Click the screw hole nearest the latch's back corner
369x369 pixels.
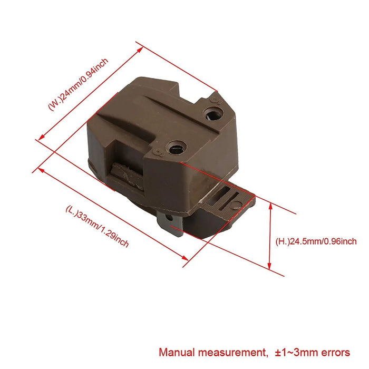(x=213, y=113)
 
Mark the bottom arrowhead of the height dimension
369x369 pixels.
(x=270, y=268)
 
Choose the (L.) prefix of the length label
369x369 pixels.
(x=72, y=210)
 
